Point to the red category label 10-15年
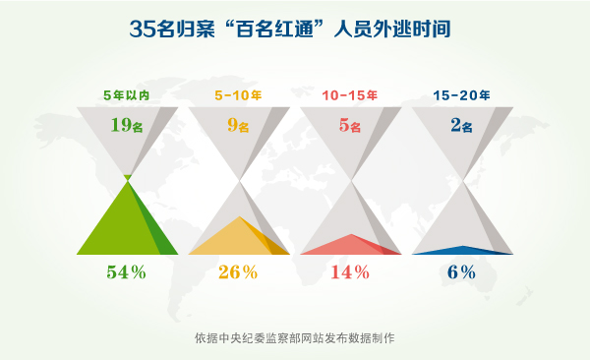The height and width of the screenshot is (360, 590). coord(350,96)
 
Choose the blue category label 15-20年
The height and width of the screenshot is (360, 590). coord(461,96)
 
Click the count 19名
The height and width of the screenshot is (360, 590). coord(127,125)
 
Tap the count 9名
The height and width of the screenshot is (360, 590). coord(238,125)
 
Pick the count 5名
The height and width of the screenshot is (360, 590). coord(350,125)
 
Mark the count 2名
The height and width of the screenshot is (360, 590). coord(462,125)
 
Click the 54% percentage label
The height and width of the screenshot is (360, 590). coord(126,272)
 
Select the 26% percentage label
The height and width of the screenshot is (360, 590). coord(238,272)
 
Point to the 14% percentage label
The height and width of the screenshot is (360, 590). coord(350,272)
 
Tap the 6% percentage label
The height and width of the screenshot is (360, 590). coord(462,272)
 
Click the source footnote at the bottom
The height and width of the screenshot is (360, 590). coord(294,338)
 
